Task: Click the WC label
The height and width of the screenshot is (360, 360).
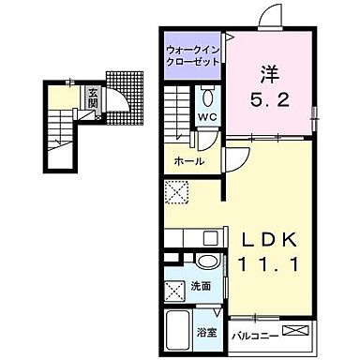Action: click(206, 118)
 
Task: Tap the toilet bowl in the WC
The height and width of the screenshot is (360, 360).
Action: click(208, 97)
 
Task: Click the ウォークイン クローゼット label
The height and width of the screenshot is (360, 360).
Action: click(192, 53)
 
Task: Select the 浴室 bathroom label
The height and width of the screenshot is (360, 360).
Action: click(207, 332)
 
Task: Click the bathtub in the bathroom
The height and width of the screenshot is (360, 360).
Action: click(179, 329)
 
